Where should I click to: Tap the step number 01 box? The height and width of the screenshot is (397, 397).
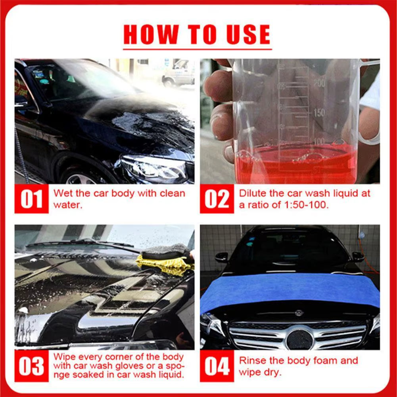(x=31, y=199)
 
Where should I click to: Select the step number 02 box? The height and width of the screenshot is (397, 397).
(x=217, y=199)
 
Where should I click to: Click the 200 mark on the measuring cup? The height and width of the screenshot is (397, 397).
(x=319, y=83)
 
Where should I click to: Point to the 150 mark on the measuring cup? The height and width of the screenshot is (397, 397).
(x=319, y=113)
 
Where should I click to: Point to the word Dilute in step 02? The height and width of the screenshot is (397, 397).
(x=252, y=194)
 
